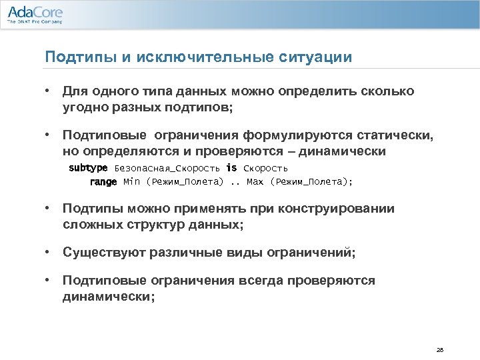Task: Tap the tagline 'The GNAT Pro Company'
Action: (35, 22)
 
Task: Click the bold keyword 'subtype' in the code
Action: (88, 168)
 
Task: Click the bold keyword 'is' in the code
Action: (231, 168)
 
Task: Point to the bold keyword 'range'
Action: (103, 181)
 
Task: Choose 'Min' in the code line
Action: (132, 181)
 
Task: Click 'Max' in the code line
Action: (255, 181)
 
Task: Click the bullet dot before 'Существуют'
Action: (48, 253)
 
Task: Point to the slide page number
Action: (439, 349)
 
